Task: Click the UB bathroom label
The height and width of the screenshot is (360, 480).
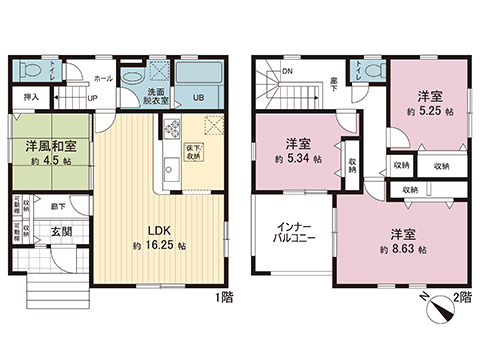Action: pos(198,97)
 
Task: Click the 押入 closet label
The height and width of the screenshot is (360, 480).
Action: pos(31,96)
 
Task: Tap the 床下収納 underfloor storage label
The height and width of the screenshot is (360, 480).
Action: pos(194,153)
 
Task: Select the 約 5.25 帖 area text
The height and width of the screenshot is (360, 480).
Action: pos(428,112)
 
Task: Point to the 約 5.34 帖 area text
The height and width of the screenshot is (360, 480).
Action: pos(297,159)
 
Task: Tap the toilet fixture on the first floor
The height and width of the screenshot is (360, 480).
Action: pos(32,70)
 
